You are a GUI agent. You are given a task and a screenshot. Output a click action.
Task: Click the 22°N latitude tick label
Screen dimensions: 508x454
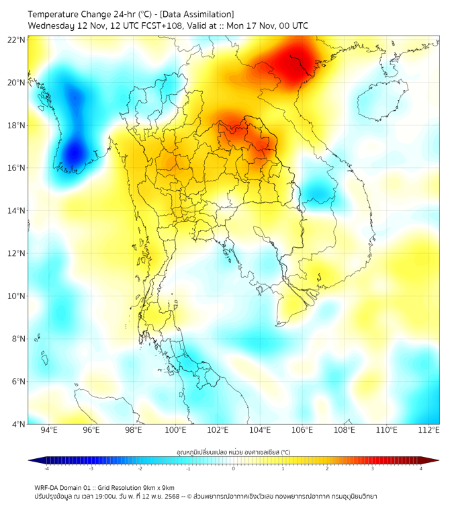click(17, 40)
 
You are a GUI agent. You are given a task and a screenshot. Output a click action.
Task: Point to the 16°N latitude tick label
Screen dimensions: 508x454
click(17, 168)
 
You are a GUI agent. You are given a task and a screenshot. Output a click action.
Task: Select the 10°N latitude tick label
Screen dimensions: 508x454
click(17, 296)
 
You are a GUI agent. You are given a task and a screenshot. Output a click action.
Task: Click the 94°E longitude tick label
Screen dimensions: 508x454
click(49, 430)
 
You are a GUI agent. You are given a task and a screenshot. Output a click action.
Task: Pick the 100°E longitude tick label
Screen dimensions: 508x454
click(175, 430)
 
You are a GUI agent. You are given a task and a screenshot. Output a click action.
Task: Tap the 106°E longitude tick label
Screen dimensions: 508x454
click(302, 430)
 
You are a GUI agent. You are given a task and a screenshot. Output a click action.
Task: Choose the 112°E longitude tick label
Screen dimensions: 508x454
click(428, 430)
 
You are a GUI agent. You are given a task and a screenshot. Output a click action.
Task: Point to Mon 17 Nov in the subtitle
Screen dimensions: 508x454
click(245, 26)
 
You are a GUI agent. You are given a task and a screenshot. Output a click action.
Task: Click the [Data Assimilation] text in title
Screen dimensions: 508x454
click(199, 14)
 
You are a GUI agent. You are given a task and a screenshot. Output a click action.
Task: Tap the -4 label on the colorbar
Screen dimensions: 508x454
click(46, 468)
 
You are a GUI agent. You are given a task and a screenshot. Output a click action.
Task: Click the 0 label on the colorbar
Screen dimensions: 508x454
click(234, 468)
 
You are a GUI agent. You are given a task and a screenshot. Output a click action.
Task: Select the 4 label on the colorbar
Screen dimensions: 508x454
click(421, 468)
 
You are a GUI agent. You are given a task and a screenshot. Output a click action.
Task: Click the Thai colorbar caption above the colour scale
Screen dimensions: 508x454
click(233, 452)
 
